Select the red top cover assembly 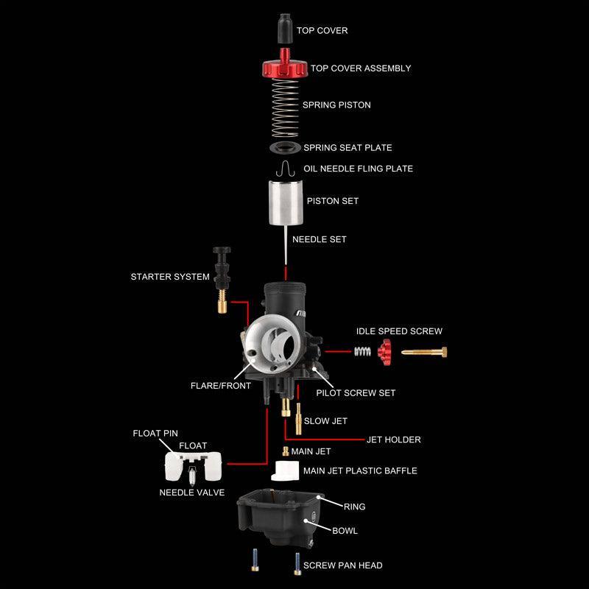[x=284, y=69]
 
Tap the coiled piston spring [x=284, y=107]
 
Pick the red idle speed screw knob [x=383, y=353]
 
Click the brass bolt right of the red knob [x=424, y=353]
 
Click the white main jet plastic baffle [x=284, y=470]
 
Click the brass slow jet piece [x=298, y=420]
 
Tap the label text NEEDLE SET [x=319, y=239]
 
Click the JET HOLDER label [x=393, y=440]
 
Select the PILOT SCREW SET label [x=356, y=393]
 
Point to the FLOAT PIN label [x=155, y=434]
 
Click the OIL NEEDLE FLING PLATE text [x=358, y=169]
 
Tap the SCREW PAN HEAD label [x=342, y=565]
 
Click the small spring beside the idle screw [x=361, y=352]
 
